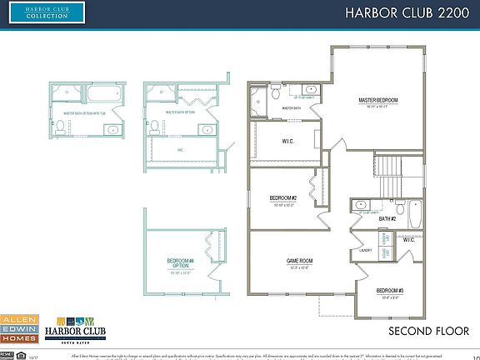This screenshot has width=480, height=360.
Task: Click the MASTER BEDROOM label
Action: coord(377,100)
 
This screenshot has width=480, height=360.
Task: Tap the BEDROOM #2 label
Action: coord(282,197)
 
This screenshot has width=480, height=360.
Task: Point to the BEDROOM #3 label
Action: coord(389,289)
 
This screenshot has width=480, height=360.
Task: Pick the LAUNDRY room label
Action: coord(365,248)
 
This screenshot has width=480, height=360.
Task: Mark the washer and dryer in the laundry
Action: coord(384,246)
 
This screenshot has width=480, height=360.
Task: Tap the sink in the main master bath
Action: coord(310,88)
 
